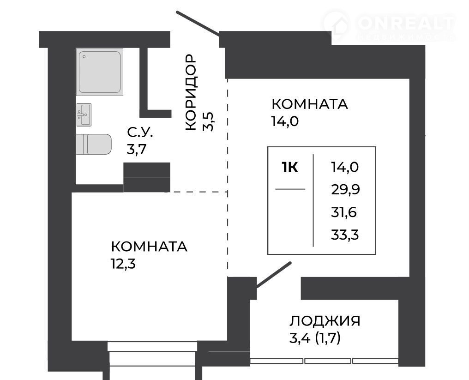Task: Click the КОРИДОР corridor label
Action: pos(191,92)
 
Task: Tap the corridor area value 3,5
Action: pos(208,121)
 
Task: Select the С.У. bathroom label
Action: pos(140,132)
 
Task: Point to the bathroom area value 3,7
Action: pos(136,149)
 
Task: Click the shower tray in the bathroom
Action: pos(100,72)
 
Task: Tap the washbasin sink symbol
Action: pos(84,115)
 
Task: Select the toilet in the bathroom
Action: pos(94,144)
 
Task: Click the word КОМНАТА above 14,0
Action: pos(310,104)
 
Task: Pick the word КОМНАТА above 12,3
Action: pos(149,247)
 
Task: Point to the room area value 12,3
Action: pos(123,264)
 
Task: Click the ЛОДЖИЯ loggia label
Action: pos(325,321)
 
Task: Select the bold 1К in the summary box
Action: pos(290,167)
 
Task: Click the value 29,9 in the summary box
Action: pos(345,189)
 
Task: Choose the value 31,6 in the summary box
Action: pos(344,212)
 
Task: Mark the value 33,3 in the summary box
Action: pos(345,235)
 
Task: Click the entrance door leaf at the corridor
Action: pos(198,24)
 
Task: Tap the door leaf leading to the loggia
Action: pos(273,275)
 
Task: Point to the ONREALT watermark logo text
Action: pos(406,23)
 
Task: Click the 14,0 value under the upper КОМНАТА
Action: pos(285,121)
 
